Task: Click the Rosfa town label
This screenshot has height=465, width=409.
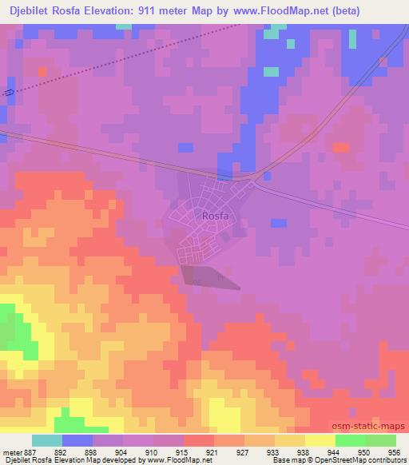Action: (x=216, y=216)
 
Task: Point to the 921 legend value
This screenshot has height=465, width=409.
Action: (x=212, y=452)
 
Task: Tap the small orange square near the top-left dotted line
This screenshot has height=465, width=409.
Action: (x=42, y=72)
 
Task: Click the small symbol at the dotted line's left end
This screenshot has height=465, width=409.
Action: (x=9, y=93)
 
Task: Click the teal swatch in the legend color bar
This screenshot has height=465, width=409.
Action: (x=48, y=440)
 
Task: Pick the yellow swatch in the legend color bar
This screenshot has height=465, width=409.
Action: (x=320, y=440)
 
